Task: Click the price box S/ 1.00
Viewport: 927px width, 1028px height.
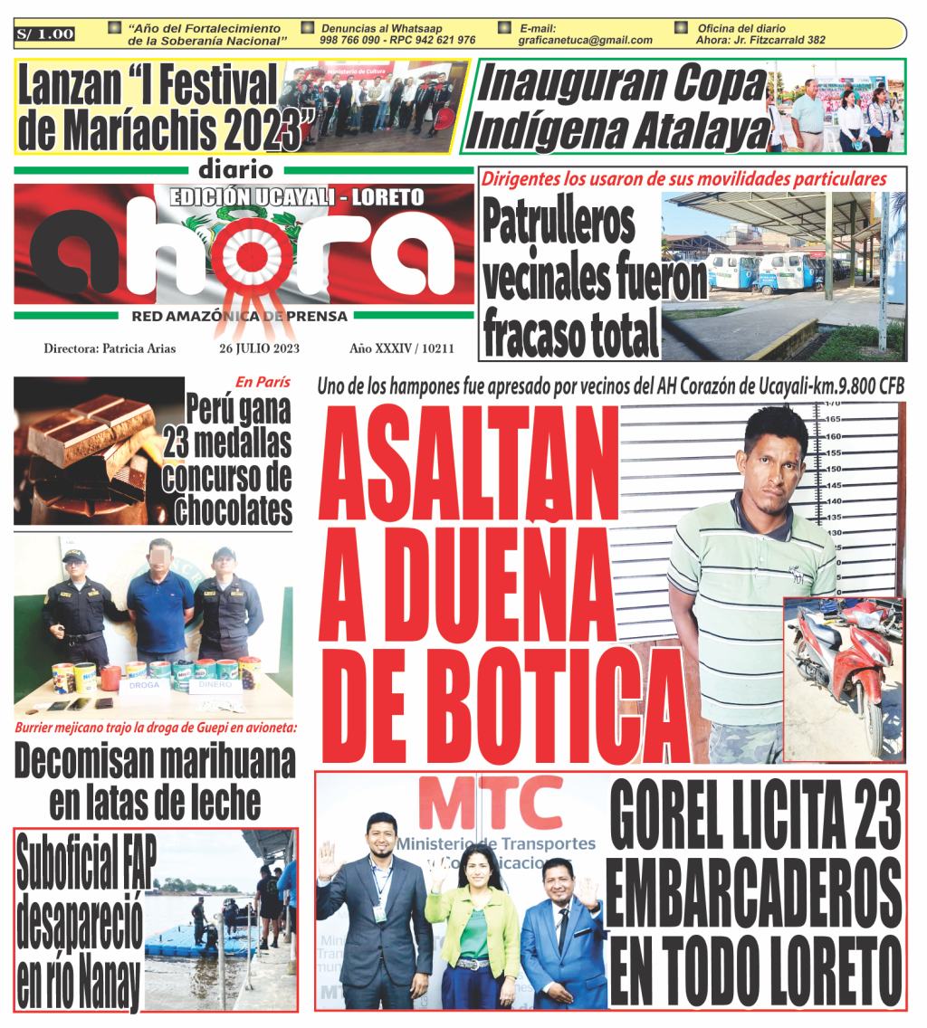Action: click(45, 34)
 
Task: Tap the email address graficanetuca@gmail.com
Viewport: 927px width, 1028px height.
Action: click(585, 41)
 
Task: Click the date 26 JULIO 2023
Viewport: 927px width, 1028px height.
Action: click(260, 348)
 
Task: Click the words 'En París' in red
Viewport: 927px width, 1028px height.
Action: click(263, 382)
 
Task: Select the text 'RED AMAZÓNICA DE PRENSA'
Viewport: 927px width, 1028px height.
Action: click(239, 316)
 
